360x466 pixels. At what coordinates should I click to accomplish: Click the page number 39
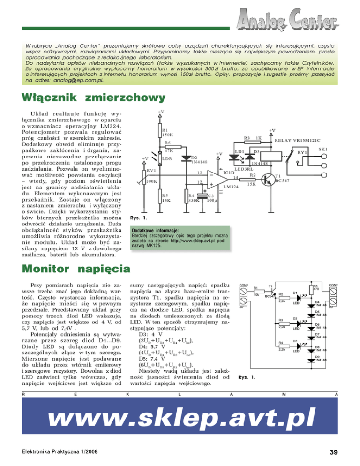coord(334,452)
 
